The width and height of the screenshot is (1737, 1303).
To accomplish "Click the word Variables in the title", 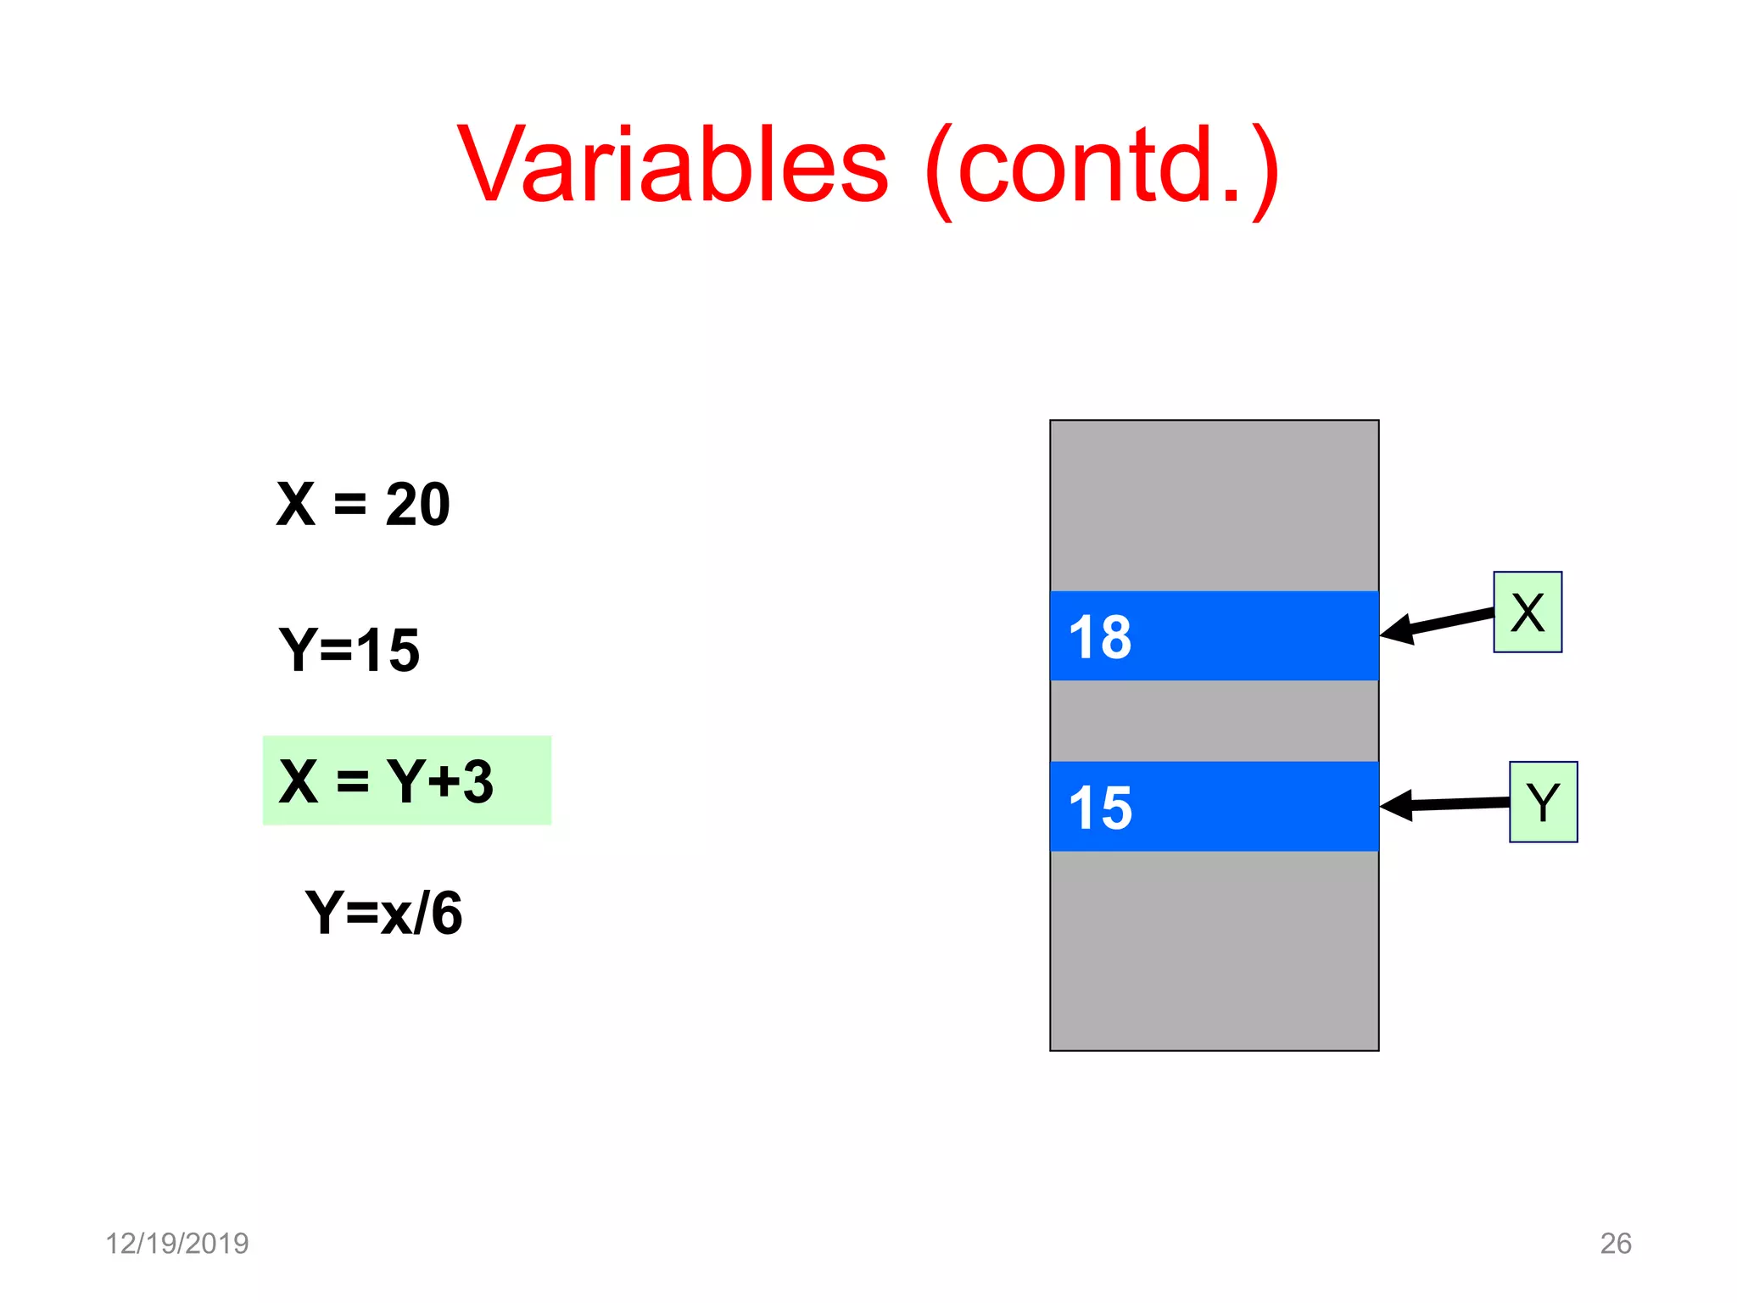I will (673, 165).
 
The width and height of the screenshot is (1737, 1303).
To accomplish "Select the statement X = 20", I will (363, 505).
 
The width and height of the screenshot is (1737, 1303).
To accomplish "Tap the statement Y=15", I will (349, 651).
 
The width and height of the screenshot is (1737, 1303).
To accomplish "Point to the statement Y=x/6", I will (383, 914).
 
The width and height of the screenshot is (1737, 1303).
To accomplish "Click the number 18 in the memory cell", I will (1100, 637).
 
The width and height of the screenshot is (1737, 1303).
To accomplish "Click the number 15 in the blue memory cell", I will (1100, 808).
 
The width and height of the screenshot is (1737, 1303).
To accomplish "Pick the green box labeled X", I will (1527, 612).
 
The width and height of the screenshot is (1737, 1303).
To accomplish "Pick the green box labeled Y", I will (1543, 802).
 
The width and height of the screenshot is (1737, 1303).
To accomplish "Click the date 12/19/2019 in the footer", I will (176, 1243).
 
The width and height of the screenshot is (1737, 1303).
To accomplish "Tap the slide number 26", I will (1615, 1243).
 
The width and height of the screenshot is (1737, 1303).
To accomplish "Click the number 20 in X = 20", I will (417, 505).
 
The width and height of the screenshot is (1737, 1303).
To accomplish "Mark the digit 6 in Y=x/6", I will (446, 914).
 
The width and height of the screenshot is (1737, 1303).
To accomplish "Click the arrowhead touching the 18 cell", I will (1396, 630).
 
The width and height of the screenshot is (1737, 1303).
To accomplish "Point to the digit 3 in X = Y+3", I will (478, 781).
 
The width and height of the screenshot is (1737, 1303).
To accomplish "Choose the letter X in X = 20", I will (296, 505).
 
